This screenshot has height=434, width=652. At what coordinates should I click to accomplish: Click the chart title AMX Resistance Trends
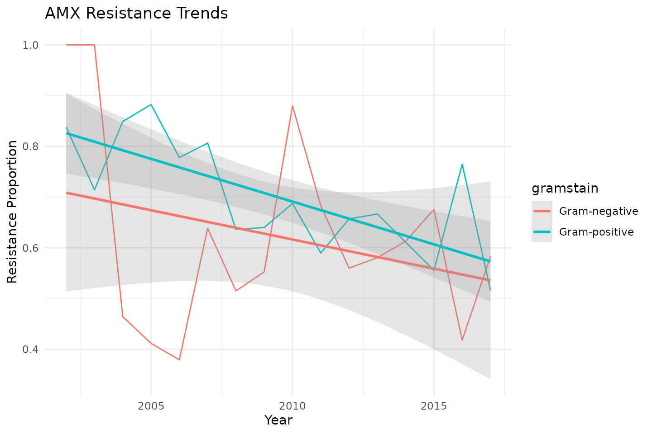[x=136, y=14]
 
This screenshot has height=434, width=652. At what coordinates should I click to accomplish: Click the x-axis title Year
[x=278, y=420]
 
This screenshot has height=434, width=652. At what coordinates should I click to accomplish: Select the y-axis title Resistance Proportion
[x=13, y=212]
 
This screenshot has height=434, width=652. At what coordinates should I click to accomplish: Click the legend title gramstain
[x=565, y=188]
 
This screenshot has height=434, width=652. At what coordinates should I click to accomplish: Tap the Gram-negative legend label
[x=599, y=211]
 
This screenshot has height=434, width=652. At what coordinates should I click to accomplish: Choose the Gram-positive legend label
[x=596, y=232]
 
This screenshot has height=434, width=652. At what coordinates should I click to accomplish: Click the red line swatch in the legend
[x=542, y=211]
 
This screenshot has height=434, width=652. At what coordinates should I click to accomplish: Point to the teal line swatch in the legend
[x=542, y=232]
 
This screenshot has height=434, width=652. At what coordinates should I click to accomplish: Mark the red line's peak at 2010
[x=292, y=106]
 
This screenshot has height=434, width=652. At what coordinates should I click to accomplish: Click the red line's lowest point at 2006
[x=179, y=359]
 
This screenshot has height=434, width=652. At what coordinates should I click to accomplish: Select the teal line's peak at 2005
[x=151, y=104]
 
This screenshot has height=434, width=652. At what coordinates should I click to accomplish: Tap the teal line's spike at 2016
[x=462, y=164]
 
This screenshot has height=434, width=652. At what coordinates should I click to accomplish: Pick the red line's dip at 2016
[x=462, y=340]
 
